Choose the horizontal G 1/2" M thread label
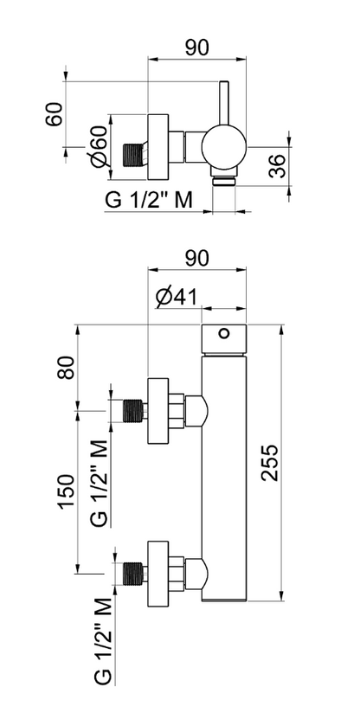click(x=148, y=200)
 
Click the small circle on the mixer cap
click(x=224, y=333)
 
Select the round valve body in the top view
click(x=224, y=145)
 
